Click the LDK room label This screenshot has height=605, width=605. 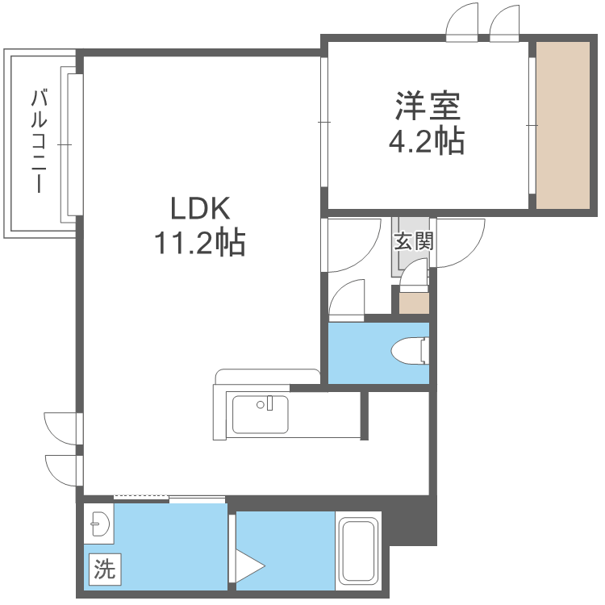(x=200, y=209)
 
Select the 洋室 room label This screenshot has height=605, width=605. (x=427, y=107)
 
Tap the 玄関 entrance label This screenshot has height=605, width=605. (x=414, y=240)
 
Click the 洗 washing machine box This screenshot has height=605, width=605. (x=103, y=570)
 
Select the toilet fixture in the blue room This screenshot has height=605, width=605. (x=408, y=352)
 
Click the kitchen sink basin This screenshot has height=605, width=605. (x=261, y=415)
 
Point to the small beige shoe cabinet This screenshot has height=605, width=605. (x=415, y=304)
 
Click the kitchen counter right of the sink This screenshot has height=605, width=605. (x=323, y=415)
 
